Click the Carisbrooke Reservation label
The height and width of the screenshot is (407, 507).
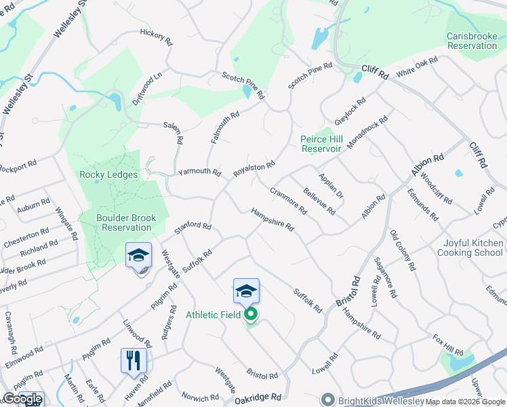tap(472, 41)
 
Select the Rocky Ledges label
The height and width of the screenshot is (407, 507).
tap(108, 175)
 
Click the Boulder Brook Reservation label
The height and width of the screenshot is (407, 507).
tap(126, 223)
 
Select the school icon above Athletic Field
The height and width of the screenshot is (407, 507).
tap(246, 291)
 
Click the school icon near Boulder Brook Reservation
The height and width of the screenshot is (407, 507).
tap(139, 256)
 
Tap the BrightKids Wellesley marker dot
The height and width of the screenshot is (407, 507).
tap(328, 400)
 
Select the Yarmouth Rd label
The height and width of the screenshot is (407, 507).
tap(199, 172)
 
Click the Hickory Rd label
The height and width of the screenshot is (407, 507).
tap(156, 35)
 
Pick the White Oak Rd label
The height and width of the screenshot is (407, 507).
tap(418, 68)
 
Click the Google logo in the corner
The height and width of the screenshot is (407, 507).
tap(23, 399)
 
